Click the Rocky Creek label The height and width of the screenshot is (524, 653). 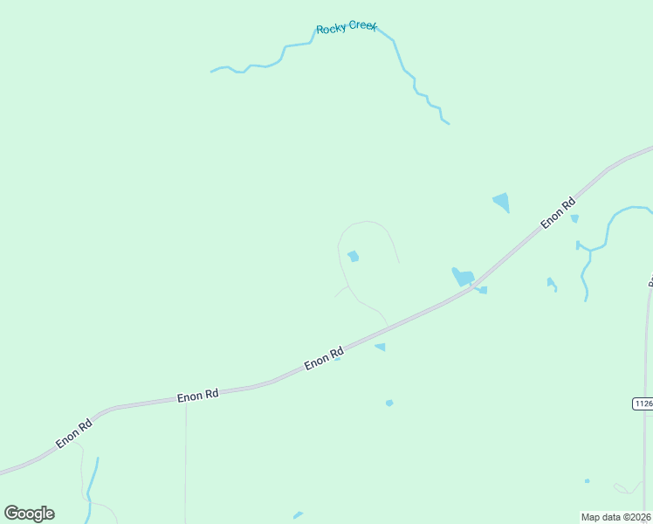346,28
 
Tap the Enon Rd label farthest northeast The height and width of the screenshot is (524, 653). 558,213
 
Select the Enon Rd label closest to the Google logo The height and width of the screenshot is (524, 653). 73,434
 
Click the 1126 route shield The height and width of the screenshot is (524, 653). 643,403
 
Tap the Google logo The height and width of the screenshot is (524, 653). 29,514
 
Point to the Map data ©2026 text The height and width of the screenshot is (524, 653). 616,517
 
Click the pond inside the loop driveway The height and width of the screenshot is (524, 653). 353,256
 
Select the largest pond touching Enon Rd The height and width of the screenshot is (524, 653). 462,278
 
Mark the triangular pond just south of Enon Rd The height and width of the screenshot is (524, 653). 380,347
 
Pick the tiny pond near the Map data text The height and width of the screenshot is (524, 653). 587,480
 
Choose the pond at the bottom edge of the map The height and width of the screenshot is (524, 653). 298,515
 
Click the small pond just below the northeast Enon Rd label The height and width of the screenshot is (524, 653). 574,218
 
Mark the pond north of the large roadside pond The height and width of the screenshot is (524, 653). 501,202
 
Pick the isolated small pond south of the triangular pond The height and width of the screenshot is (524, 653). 389,403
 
